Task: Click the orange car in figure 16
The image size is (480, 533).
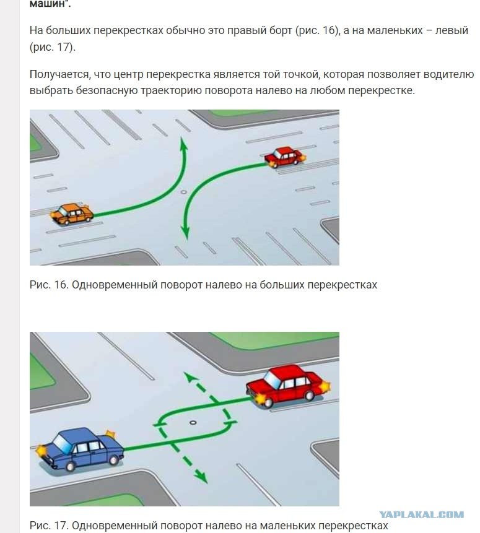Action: pos(72,214)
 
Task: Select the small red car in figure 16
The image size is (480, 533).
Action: pos(285,157)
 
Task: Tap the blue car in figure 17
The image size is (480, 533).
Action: pos(81,449)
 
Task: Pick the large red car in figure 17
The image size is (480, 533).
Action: pos(288,386)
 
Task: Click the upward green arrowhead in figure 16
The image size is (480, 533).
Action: pos(183,144)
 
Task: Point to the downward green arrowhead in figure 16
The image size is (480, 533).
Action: pos(185,232)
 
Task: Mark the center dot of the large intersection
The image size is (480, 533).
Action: pos(184,192)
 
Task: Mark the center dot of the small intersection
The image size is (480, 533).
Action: pos(193,423)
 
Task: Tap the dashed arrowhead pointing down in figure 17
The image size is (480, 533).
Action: pos(201,477)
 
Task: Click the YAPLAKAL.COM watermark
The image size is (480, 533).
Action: pos(422,514)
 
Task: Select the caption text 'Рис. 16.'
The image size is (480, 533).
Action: pos(49,285)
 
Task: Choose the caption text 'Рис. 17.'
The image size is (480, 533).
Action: pos(49,526)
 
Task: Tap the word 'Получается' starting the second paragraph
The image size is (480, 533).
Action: pos(60,74)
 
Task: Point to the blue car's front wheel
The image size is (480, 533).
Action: pos(70,466)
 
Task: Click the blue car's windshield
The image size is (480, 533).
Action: pos(61,442)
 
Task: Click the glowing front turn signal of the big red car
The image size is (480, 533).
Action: pos(261,399)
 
